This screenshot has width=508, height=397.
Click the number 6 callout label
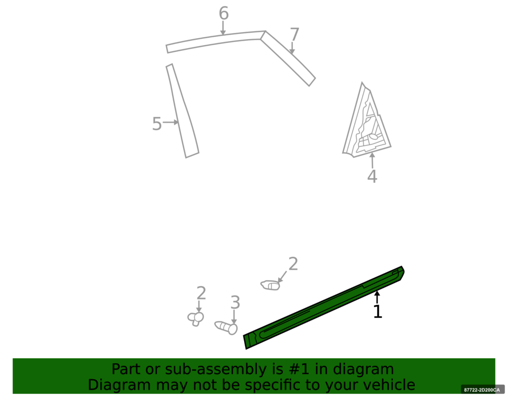coord(224,13)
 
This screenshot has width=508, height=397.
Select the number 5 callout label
coord(157,124)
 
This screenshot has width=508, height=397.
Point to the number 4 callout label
coord(372,176)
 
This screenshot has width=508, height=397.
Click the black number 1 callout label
coord(378,312)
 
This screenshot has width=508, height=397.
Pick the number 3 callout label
coord(235,303)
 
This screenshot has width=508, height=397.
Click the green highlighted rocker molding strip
coord(324,308)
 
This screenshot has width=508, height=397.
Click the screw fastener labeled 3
coord(226,327)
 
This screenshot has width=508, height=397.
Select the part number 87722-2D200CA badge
coord(482,390)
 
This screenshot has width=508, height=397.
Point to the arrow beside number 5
coord(171,122)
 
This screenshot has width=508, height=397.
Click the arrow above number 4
coord(373,160)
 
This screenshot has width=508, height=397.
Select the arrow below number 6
coord(223,28)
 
